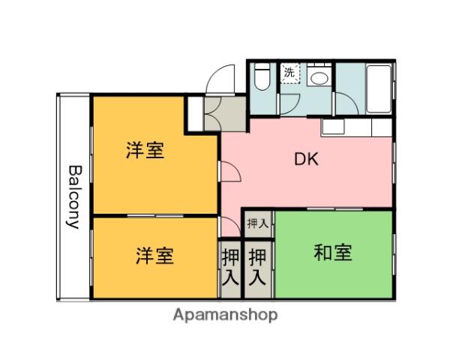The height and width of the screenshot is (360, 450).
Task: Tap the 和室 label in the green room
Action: (x=332, y=253)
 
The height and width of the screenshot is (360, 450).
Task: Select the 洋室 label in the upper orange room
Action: (x=145, y=151)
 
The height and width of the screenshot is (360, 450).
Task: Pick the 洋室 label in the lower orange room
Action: (x=154, y=256)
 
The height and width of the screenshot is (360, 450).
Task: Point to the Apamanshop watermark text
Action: (x=225, y=315)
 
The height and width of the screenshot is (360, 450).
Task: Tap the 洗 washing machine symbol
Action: (x=289, y=73)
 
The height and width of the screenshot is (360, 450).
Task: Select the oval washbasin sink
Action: (x=318, y=76)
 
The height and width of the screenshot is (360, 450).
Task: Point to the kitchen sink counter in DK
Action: (x=356, y=127)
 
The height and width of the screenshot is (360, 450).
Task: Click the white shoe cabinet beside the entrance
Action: (x=194, y=113)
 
